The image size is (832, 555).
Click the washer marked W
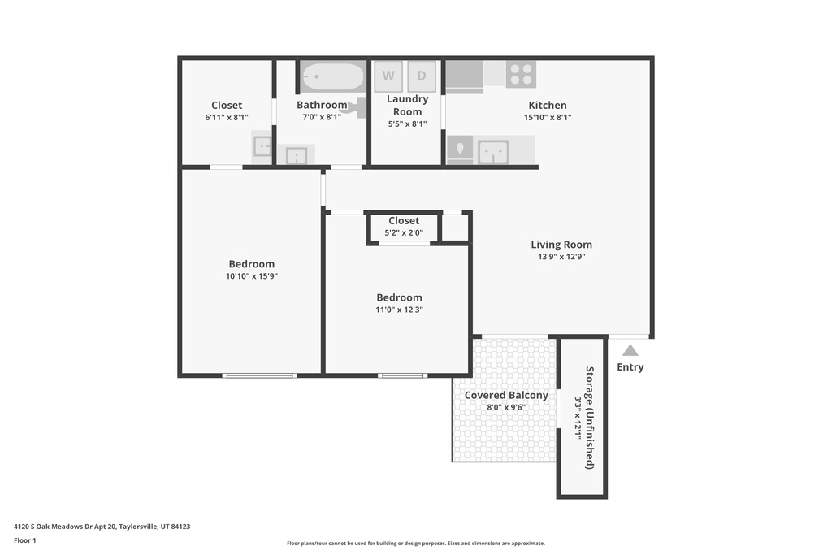(388, 76)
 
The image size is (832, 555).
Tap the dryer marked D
(422, 76)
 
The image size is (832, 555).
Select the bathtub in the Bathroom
(333, 77)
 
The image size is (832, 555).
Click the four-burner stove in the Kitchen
(521, 74)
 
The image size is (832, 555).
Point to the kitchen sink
(493, 151)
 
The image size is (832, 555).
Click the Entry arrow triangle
(630, 351)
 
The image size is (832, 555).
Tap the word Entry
(630, 367)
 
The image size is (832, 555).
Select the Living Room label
(561, 245)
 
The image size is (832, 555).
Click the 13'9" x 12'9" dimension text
(561, 257)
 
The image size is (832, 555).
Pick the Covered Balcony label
(506, 396)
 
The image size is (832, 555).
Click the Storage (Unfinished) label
(590, 418)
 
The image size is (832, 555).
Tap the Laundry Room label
(407, 105)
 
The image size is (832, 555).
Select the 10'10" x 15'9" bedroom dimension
(252, 276)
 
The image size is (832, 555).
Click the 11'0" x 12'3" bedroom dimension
(399, 310)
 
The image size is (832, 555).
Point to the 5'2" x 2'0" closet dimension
(404, 232)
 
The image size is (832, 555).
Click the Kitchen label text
(548, 105)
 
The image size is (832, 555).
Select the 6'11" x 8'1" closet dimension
(227, 117)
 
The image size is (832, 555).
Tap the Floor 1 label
(25, 540)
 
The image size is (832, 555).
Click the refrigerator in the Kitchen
(464, 76)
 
